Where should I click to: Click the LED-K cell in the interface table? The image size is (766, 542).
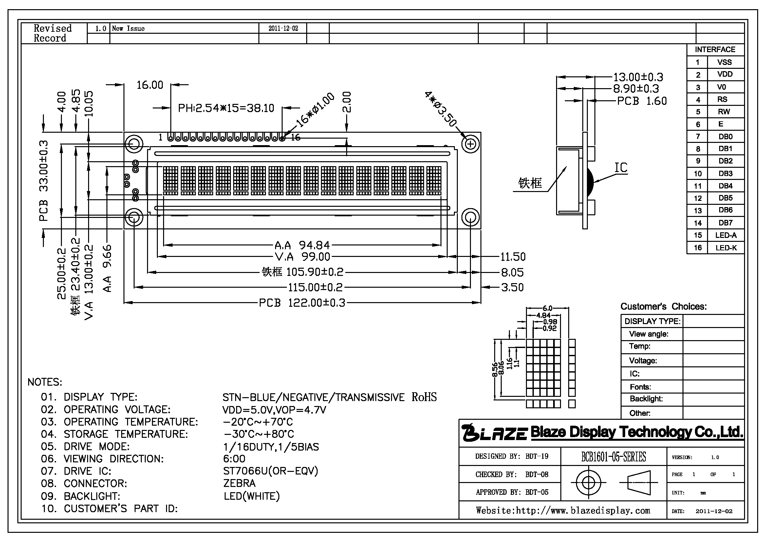(x=726, y=248)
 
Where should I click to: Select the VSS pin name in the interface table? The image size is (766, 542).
(x=725, y=62)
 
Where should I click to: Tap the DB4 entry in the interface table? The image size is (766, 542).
(x=726, y=186)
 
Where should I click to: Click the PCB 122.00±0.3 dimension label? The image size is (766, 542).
(x=302, y=303)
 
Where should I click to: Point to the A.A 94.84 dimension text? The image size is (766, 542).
(x=302, y=245)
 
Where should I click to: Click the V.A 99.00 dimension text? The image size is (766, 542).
(x=303, y=257)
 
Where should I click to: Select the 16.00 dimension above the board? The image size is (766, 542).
(x=150, y=85)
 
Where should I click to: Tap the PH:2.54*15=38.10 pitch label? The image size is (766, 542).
(x=226, y=108)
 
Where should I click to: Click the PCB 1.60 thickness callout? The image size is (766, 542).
(x=642, y=101)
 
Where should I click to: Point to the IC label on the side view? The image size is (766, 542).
(x=621, y=167)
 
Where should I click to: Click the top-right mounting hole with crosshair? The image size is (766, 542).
(x=470, y=144)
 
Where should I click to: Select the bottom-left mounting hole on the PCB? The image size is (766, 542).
(x=134, y=217)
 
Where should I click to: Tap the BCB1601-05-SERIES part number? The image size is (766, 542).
(x=613, y=456)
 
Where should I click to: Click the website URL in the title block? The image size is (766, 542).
(x=563, y=511)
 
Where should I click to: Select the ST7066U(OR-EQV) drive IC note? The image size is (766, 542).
(x=271, y=471)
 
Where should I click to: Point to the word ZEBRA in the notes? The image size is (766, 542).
(x=239, y=483)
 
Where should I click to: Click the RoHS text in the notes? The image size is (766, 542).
(x=424, y=397)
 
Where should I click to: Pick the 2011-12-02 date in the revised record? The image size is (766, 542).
(x=283, y=29)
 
